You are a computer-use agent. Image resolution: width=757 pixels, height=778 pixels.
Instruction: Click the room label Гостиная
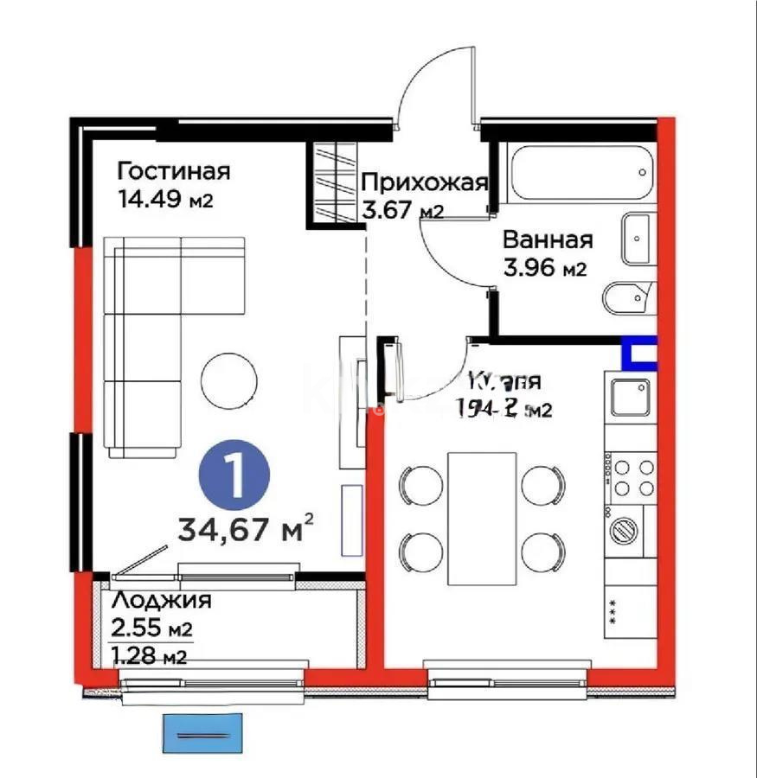(x=174, y=169)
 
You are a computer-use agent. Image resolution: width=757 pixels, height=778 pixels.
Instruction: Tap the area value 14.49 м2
(x=164, y=200)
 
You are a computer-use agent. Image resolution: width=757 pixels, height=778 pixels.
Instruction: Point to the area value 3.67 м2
(x=402, y=210)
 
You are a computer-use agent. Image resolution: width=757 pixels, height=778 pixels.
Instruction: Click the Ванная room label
(x=547, y=239)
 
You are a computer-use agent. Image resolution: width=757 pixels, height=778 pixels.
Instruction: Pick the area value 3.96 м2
(x=545, y=268)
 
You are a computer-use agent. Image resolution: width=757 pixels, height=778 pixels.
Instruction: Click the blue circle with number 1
(x=234, y=474)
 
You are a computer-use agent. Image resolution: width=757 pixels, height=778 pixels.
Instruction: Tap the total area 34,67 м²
(x=245, y=526)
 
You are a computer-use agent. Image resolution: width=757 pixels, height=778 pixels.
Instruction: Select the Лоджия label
(x=162, y=600)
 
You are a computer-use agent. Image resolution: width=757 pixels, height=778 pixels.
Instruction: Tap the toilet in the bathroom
(x=628, y=297)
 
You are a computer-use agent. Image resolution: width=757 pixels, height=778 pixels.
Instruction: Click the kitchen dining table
(x=482, y=517)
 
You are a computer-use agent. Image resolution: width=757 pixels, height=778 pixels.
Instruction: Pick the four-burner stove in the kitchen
(x=630, y=478)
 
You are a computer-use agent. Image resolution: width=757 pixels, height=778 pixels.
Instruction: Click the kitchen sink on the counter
(x=630, y=397)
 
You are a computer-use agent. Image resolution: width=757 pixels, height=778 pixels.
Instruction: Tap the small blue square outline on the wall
(x=639, y=354)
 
